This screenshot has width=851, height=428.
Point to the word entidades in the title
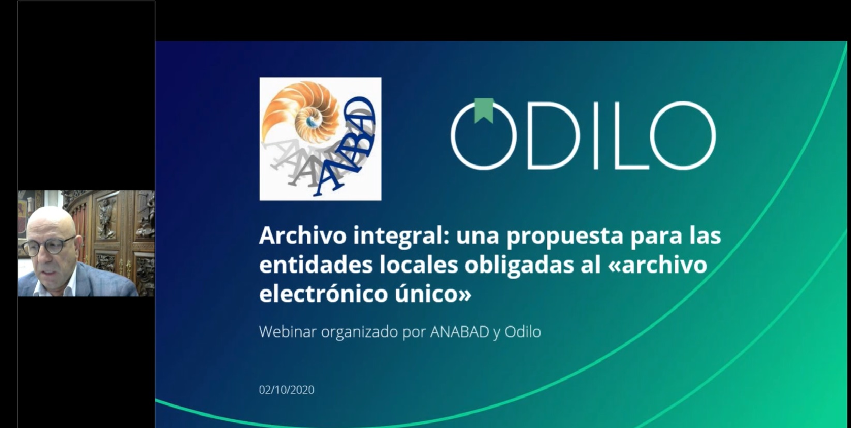(316, 265)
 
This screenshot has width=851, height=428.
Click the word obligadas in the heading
(519, 266)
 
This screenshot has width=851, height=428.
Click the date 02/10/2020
(287, 390)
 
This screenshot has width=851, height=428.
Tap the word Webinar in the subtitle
(288, 332)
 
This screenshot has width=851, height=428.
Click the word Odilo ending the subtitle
(522, 332)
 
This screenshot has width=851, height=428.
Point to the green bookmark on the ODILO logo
(484, 111)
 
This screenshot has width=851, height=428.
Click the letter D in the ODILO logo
(553, 135)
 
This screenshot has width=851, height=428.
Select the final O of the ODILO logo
(683, 135)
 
